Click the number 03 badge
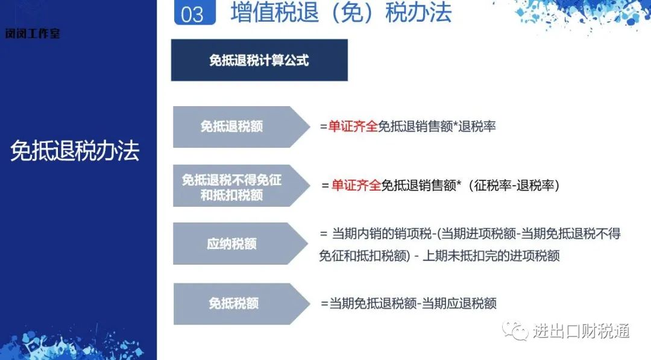point(195,13)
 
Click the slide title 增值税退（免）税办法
point(341,12)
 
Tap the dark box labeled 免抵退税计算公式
point(259,60)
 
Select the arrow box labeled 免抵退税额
point(241,127)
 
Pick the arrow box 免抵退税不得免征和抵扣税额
point(241,186)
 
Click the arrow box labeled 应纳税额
point(241,244)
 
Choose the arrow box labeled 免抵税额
point(241,303)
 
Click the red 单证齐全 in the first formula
point(353,126)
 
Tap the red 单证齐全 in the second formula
point(356,185)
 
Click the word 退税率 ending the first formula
point(477,126)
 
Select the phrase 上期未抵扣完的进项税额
point(491,255)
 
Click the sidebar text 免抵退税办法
point(75,150)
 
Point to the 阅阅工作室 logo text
point(33,33)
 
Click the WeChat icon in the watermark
point(515,330)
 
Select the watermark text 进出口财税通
point(581,331)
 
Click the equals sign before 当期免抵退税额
point(324,303)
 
